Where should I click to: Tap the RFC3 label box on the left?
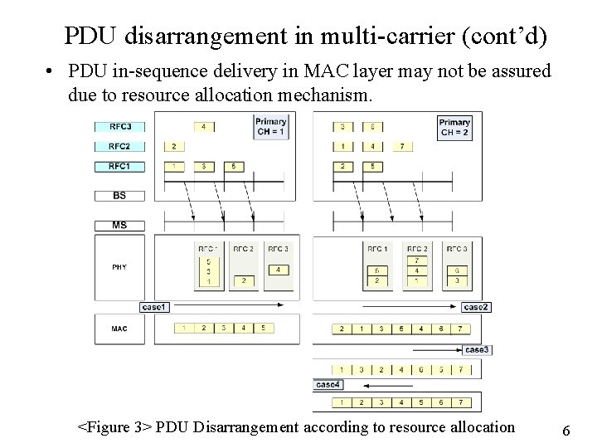[x=120, y=126]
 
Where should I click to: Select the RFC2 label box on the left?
[x=120, y=146]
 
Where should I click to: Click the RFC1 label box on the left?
[x=120, y=166]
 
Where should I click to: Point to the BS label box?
[x=120, y=196]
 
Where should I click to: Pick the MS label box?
[x=120, y=225]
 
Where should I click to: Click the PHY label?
[x=119, y=266]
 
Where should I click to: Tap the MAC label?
[x=119, y=328]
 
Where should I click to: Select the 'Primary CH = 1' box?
[x=270, y=127]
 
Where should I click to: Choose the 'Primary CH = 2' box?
[x=454, y=127]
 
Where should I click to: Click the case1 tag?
[x=154, y=307]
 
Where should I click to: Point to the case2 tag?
[x=477, y=307]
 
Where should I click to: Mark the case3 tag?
[x=477, y=349]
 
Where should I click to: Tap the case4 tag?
[x=328, y=384]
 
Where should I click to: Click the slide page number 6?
[x=565, y=431]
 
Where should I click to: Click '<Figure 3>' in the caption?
[x=114, y=427]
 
